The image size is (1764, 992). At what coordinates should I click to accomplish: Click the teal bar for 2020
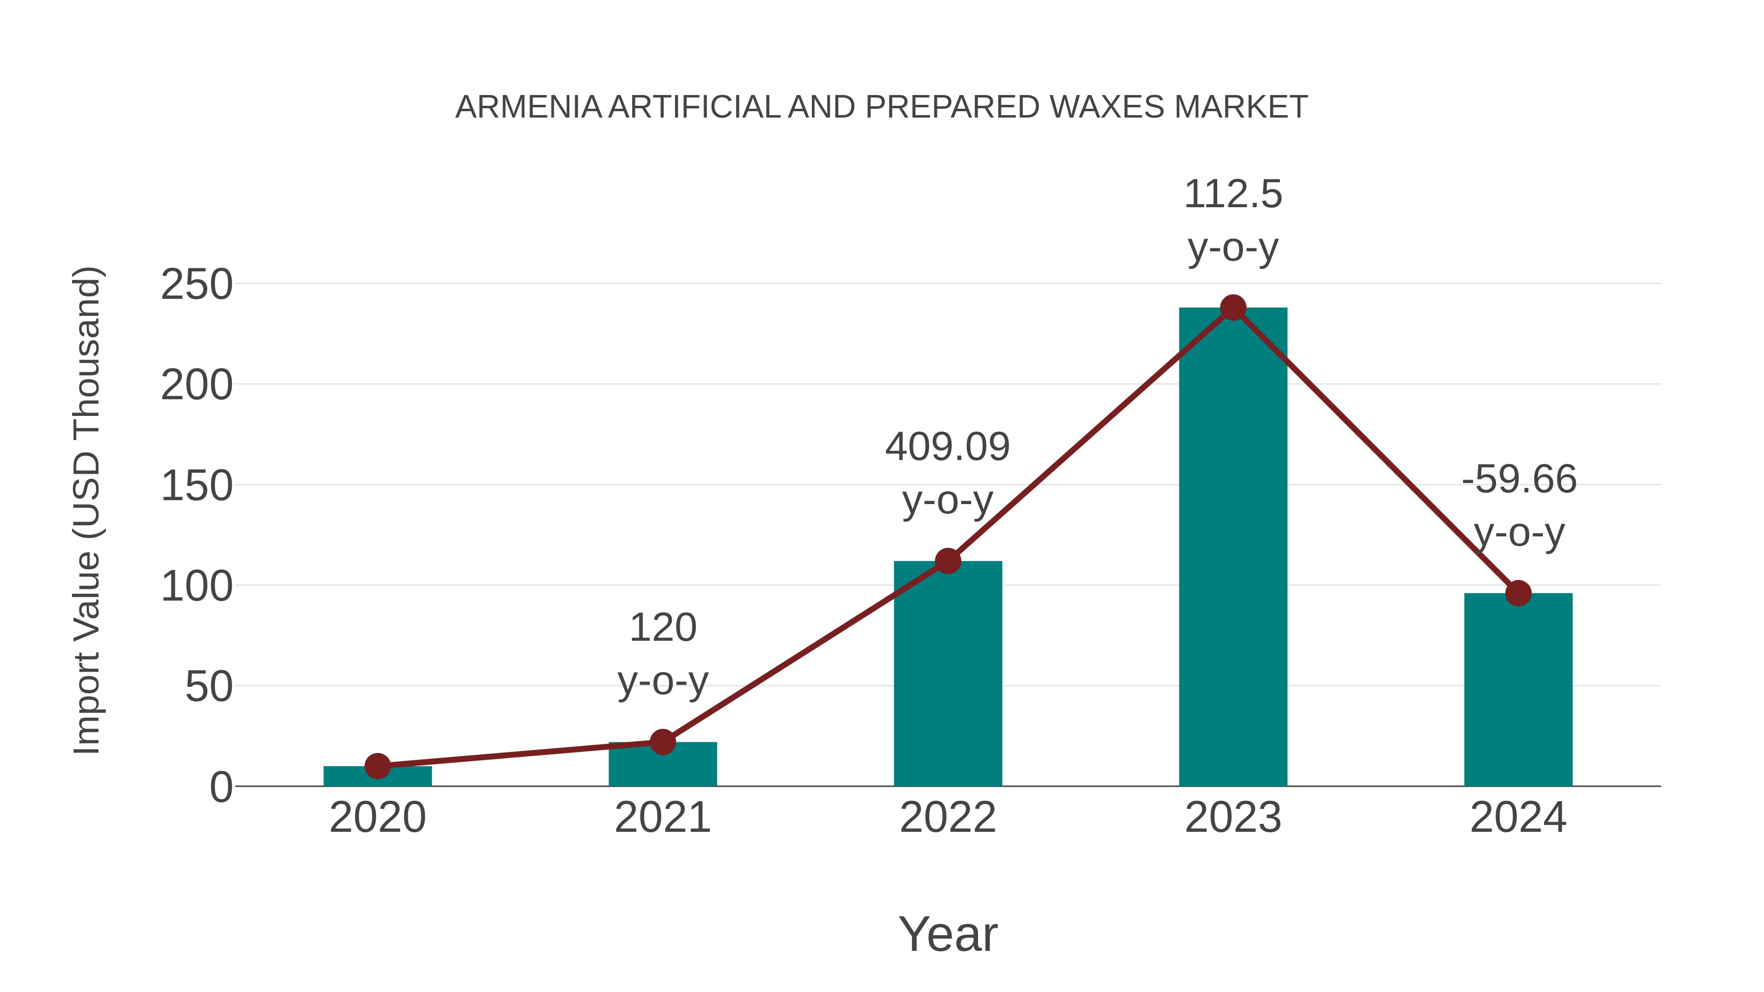coord(377,776)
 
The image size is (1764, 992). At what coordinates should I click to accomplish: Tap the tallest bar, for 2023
coord(1233,548)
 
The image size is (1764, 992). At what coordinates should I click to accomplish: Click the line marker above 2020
coord(377,766)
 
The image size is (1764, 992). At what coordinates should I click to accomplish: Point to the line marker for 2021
coord(662,742)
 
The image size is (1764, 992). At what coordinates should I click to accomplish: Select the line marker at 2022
coord(948,561)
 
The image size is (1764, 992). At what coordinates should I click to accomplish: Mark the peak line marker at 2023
coord(1233,308)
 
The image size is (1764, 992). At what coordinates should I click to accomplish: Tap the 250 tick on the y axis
coord(196,285)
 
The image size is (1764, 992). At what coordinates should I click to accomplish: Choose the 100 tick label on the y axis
coord(196,587)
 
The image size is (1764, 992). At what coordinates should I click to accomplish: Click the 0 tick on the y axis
coord(220,787)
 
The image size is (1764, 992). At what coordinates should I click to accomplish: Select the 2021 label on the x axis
coord(662,818)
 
